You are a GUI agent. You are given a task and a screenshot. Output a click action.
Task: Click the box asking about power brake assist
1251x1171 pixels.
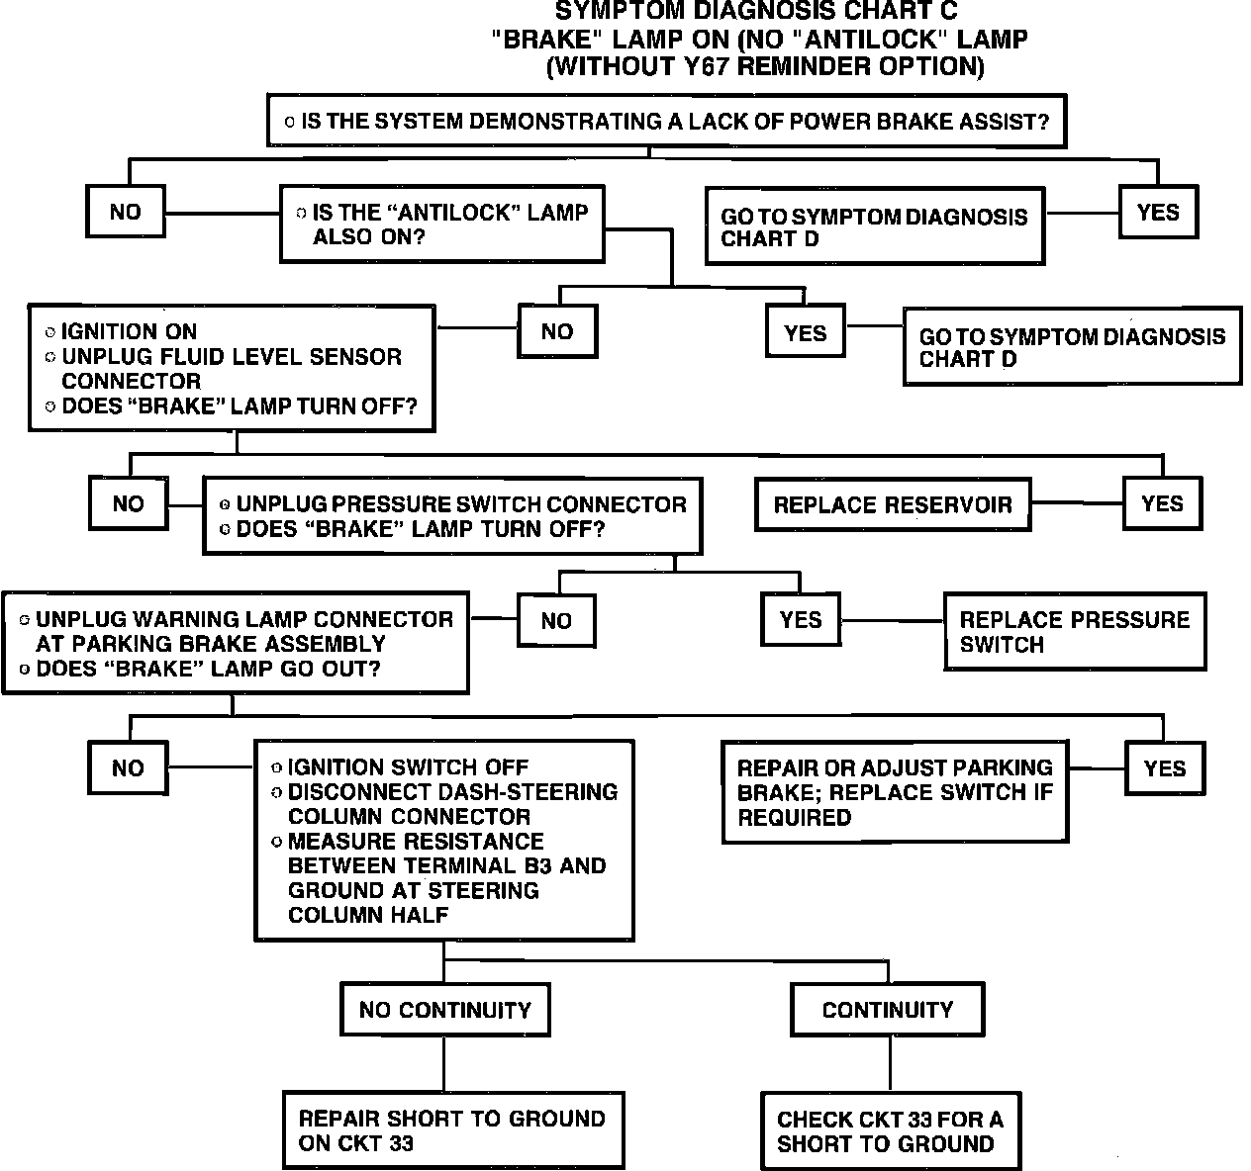pos(666,121)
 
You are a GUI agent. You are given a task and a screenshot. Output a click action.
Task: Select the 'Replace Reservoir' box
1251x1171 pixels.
pos(893,504)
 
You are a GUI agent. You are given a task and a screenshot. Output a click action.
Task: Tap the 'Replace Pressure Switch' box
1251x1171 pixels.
pos(1075,631)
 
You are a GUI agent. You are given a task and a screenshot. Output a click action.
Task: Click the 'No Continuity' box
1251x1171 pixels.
pos(444,1010)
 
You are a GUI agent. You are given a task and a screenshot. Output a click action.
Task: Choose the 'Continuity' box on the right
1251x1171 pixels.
pos(888,1010)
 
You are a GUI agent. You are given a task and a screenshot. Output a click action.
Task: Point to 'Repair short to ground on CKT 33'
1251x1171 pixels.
pos(453,1130)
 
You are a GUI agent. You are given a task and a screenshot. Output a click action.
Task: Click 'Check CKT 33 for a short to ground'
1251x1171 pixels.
pos(891,1131)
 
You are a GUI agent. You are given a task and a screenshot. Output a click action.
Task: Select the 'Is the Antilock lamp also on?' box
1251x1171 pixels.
pos(442,225)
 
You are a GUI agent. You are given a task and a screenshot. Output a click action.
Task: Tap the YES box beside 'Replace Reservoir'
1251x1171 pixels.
pos(1162,503)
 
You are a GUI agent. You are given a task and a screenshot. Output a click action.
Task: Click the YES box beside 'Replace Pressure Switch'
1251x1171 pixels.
pos(801,619)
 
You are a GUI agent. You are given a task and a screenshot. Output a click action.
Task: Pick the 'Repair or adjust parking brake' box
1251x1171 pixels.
pos(895,792)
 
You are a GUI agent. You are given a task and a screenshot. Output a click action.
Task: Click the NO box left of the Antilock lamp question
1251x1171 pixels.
pos(126,212)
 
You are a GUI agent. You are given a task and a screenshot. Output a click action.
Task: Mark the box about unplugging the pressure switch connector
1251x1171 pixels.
pos(452,516)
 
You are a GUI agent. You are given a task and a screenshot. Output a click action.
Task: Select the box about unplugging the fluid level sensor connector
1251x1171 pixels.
pos(232,368)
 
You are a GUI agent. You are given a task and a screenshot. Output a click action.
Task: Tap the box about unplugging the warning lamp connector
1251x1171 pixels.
pos(236,643)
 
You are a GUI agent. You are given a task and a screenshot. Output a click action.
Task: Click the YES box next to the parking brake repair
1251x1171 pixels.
pos(1165,768)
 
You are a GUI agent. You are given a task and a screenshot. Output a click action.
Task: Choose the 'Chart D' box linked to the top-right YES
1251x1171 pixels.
pos(875,226)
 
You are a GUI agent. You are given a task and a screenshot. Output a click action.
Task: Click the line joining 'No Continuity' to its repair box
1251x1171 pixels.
pos(444,1064)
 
